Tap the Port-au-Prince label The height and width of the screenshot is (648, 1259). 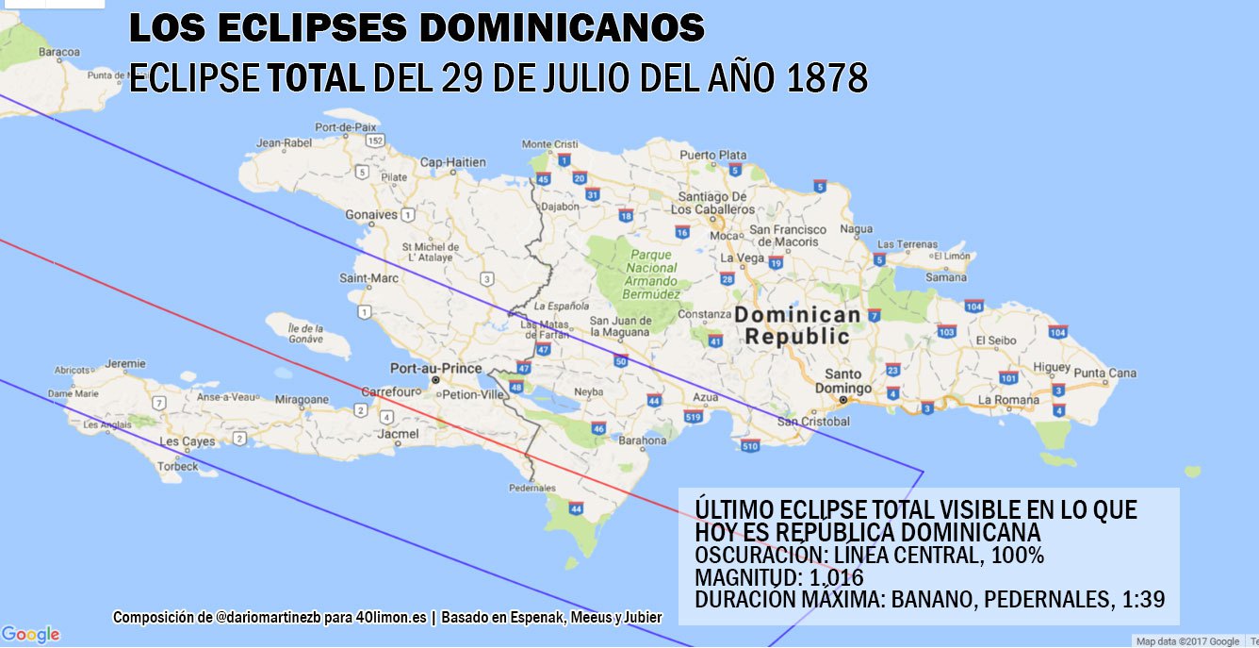coord(435,368)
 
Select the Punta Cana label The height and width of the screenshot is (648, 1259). coord(1104,374)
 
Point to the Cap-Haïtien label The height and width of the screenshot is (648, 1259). coord(452,162)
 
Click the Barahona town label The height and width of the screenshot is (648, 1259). coord(643,440)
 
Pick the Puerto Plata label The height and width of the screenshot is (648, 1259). coord(712,155)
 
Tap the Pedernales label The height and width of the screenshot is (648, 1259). coord(532,489)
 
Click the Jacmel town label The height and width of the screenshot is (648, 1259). coord(397,434)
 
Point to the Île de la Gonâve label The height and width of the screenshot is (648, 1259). coord(294,333)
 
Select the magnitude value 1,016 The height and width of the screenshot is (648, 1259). coord(830,576)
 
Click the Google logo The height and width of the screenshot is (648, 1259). coord(30,635)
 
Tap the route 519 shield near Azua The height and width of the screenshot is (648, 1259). coord(694,416)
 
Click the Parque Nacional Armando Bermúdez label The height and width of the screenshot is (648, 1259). coord(651,274)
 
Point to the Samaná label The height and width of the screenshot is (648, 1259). coord(945,277)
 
